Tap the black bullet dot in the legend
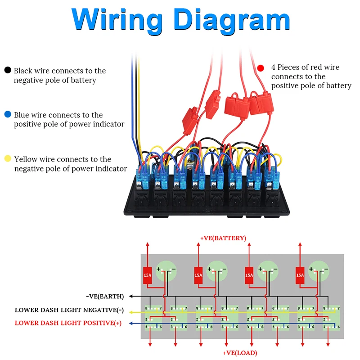[8, 70]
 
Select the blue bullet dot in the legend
[8, 115]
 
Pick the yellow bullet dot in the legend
[8, 159]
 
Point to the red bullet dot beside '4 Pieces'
[260, 68]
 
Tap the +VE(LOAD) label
[240, 353]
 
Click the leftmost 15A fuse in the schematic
[147, 275]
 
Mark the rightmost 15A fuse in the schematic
[300, 275]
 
